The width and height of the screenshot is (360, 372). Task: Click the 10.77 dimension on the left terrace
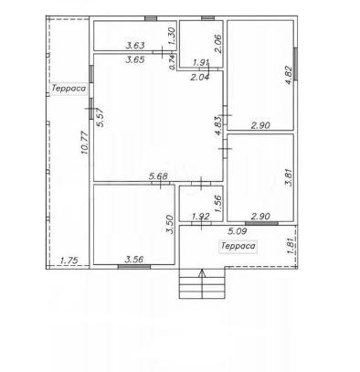(85, 143)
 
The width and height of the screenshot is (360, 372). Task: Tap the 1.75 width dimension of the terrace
(69, 260)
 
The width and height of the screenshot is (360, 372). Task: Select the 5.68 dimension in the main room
(158, 176)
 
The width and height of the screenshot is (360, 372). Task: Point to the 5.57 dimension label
(100, 117)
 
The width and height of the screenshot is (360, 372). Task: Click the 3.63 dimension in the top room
(135, 46)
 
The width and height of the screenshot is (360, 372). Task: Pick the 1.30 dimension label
(172, 36)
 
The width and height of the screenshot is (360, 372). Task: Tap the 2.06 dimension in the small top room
(218, 44)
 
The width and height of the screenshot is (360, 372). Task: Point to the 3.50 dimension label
(170, 225)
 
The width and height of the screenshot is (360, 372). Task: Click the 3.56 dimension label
(134, 260)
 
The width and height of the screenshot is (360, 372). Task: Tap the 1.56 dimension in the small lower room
(218, 203)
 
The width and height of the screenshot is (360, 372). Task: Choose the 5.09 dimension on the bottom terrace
(238, 231)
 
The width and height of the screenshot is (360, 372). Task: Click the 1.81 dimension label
(291, 246)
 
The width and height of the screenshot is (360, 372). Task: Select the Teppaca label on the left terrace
(69, 89)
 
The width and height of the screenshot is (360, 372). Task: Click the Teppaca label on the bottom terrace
(238, 246)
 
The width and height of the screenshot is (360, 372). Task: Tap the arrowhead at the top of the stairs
(202, 273)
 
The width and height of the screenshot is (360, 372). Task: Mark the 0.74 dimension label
(173, 62)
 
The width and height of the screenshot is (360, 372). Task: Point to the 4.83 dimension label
(218, 126)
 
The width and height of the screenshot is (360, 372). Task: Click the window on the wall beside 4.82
(295, 64)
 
